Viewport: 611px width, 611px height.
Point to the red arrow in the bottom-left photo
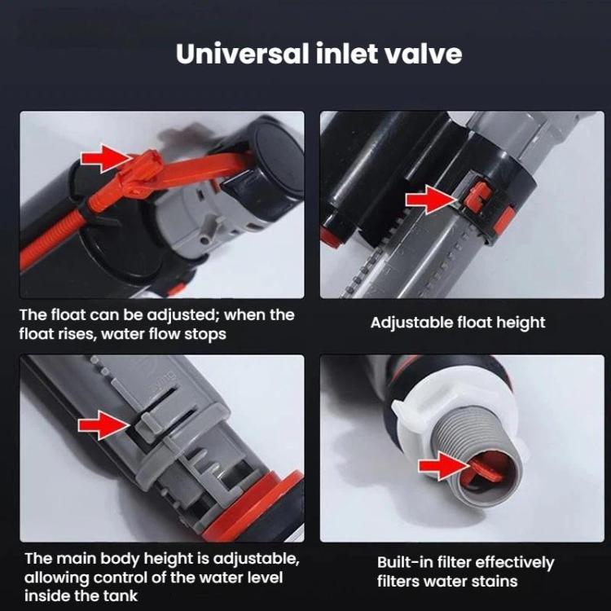tap(100, 424)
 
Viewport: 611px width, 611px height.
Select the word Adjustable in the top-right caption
tap(409, 323)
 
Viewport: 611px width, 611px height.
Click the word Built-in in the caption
tap(406, 563)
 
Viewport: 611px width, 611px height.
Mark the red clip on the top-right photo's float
tap(481, 196)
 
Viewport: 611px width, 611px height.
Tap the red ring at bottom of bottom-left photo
tap(269, 504)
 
